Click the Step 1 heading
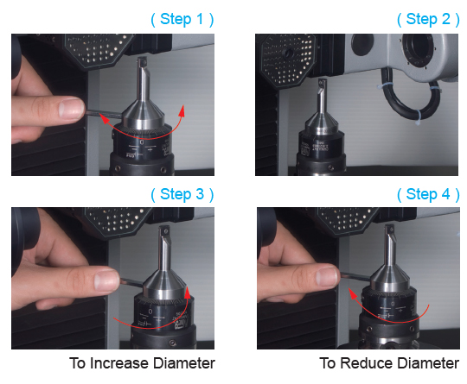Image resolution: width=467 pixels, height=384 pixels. pyautogui.click(x=182, y=20)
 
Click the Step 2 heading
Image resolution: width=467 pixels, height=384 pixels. pyautogui.click(x=428, y=20)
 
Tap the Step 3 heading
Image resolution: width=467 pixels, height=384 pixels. pyautogui.click(x=182, y=195)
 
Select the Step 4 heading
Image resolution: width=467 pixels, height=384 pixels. pyautogui.click(x=428, y=195)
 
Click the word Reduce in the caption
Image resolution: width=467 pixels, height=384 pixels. pyautogui.click(x=368, y=363)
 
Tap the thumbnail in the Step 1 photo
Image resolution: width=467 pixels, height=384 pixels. pyautogui.click(x=71, y=108)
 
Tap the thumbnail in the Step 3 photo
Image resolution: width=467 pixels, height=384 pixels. pyautogui.click(x=106, y=280)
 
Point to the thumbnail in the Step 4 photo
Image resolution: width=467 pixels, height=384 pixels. pyautogui.click(x=326, y=276)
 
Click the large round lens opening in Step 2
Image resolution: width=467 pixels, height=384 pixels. pyautogui.click(x=419, y=49)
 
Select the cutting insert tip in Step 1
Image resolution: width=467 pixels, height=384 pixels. pyautogui.click(x=142, y=61)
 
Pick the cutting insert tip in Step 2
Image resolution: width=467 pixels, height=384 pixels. pyautogui.click(x=323, y=83)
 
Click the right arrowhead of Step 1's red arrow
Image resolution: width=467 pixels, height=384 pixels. pyautogui.click(x=182, y=110)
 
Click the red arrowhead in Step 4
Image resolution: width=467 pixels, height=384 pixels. pyautogui.click(x=353, y=293)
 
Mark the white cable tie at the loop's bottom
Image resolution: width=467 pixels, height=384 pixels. pyautogui.click(x=419, y=116)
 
